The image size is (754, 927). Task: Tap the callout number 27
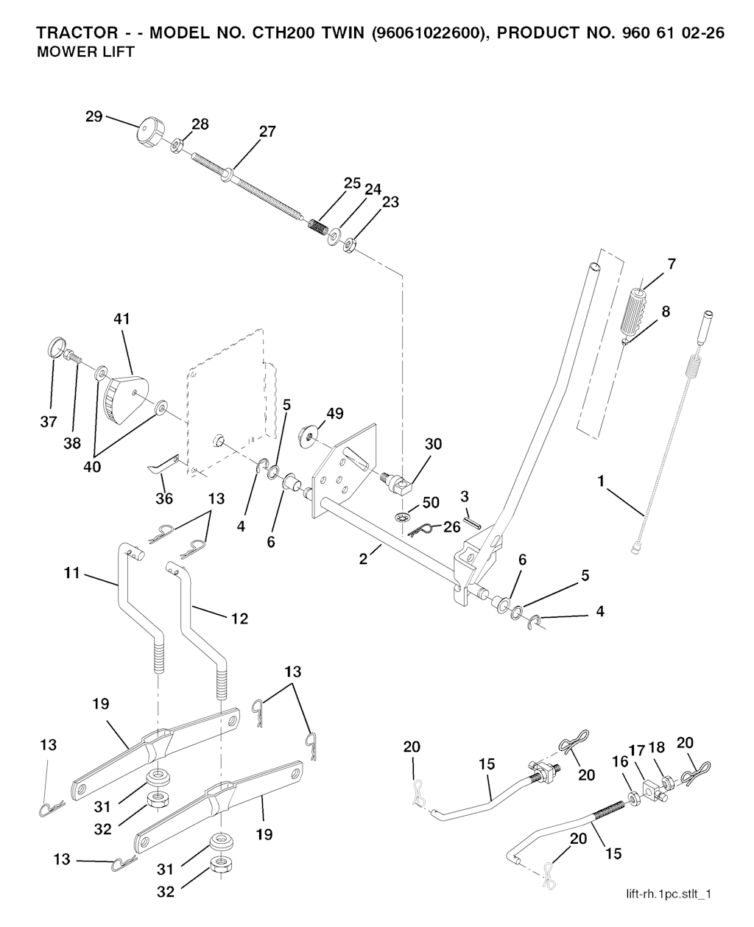coord(267,132)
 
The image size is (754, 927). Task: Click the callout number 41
coord(121,319)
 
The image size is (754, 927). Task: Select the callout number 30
coord(433,444)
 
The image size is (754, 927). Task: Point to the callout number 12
coord(239,619)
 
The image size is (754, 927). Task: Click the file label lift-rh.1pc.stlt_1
coord(668,894)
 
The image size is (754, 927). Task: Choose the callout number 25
coord(352,183)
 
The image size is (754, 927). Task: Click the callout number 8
coord(666,311)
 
